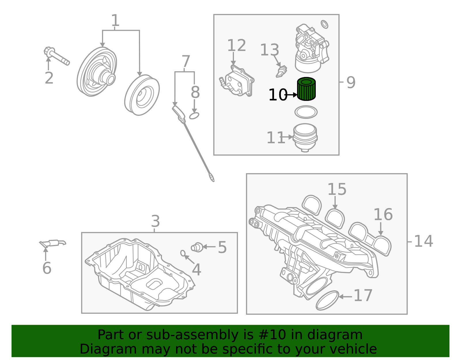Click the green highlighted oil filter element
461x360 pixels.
click(306, 89)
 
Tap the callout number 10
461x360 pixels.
click(277, 95)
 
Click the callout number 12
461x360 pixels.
click(237, 46)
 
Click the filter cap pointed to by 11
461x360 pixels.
click(305, 137)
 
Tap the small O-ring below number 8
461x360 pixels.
click(194, 116)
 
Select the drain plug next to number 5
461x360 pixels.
click(197, 247)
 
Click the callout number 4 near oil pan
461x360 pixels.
click(196, 270)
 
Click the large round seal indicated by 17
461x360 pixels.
click(327, 300)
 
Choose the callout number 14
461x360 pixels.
click(423, 241)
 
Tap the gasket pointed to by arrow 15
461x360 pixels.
click(335, 218)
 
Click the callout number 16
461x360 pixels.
click(383, 215)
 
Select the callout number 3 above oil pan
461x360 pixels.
click(155, 222)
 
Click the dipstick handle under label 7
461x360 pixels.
click(178, 112)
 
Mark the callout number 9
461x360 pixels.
click(351, 82)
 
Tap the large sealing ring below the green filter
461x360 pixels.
click(306, 112)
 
